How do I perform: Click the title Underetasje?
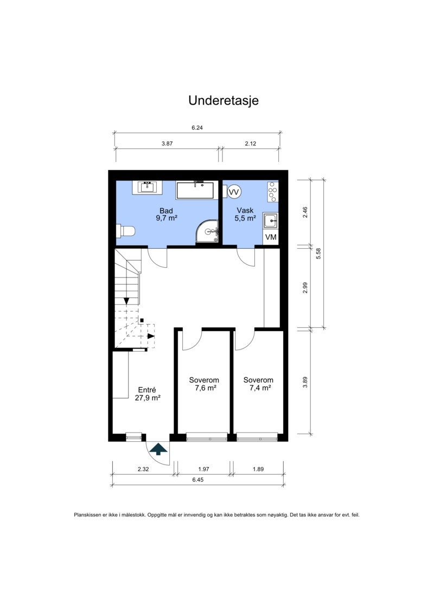pos(224,101)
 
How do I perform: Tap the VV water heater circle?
pos(234,192)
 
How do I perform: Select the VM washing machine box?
pos(271,237)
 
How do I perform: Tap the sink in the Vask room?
pos(271,221)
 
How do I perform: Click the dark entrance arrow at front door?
pos(158,449)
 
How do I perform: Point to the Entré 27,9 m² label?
pos(148,393)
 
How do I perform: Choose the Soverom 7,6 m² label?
pos(203,384)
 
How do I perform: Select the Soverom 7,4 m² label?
pos(258,384)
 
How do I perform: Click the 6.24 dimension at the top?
pos(197,128)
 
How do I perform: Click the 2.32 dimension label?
pos(143,469)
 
